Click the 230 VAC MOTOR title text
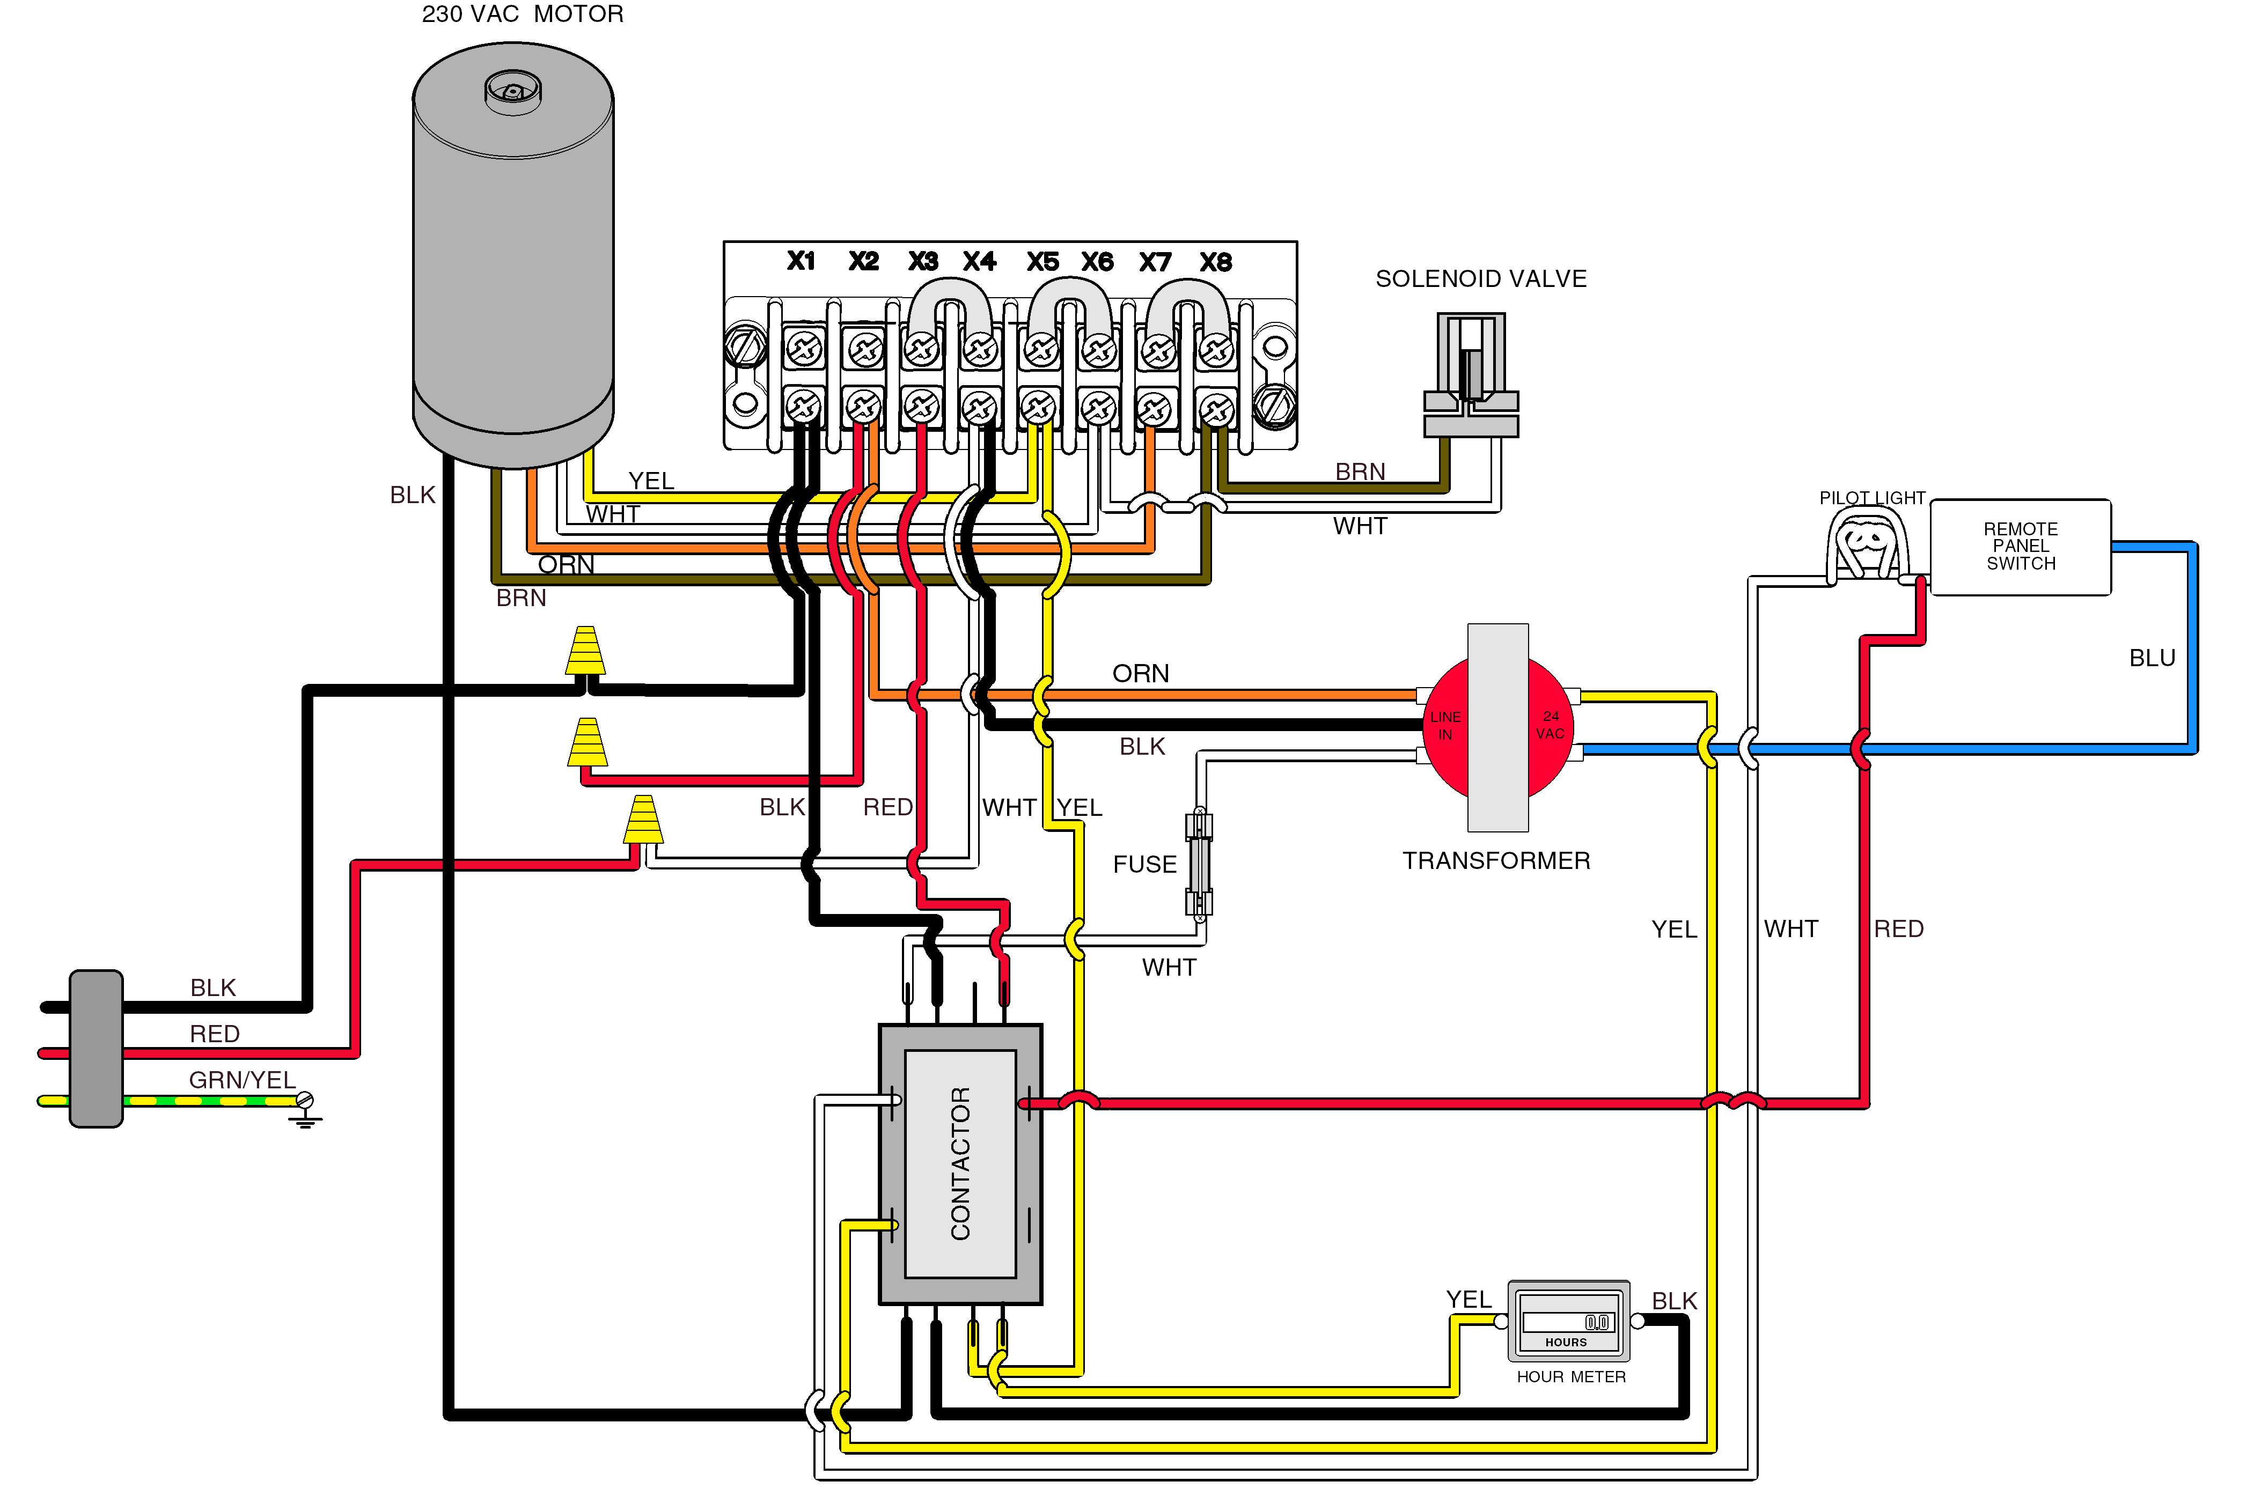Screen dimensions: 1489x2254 pos(523,14)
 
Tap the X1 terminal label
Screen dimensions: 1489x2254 pos(801,261)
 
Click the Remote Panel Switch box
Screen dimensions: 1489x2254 pos(2020,547)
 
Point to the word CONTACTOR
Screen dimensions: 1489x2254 pos(960,1163)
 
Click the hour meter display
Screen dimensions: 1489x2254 pos(1568,1322)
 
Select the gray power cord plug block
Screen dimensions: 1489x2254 pos(96,1049)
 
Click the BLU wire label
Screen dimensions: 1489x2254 pos(2152,658)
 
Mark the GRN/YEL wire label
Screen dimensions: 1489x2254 pos(242,1080)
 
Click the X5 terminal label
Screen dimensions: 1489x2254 pos(1042,262)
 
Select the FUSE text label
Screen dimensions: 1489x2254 pos(1144,864)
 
